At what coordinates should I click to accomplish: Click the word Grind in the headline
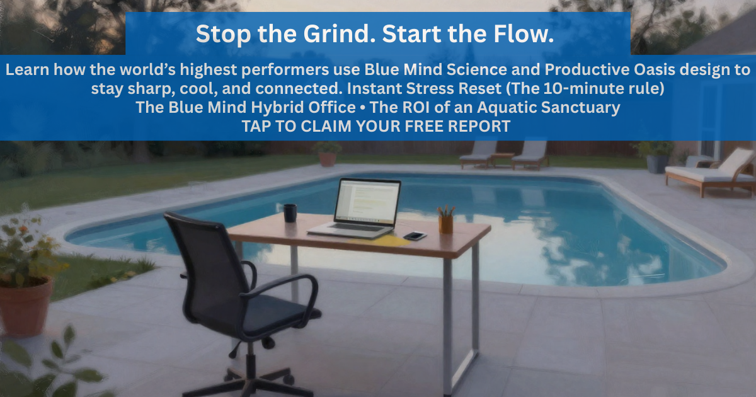point(339,34)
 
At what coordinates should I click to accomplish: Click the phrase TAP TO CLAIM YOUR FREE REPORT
point(376,126)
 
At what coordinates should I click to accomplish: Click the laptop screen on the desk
point(367,201)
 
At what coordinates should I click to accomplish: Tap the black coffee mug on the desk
point(290,213)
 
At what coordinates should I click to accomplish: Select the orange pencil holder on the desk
point(446,224)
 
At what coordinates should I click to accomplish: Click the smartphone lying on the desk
point(415,236)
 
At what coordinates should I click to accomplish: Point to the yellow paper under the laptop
point(378,241)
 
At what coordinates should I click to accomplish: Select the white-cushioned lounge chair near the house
point(711,171)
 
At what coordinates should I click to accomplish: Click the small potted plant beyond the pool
point(327,154)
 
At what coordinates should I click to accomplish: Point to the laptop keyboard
point(358,228)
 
